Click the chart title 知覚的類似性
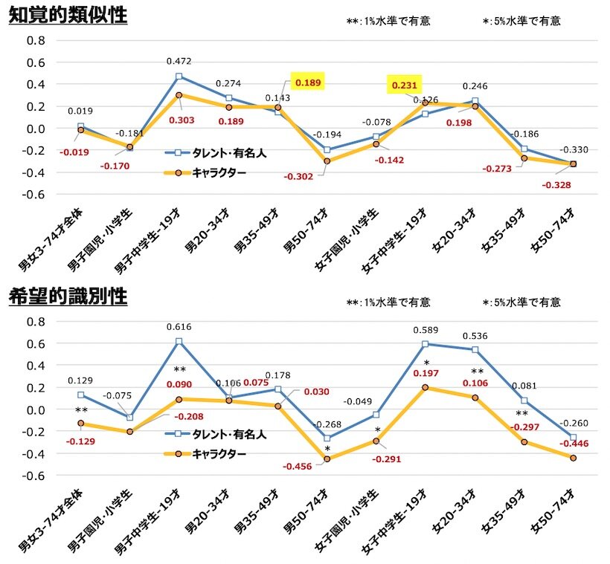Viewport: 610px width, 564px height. (68, 16)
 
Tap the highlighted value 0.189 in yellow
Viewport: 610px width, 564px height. (308, 82)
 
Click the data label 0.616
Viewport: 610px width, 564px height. (179, 327)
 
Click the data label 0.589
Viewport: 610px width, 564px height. (426, 330)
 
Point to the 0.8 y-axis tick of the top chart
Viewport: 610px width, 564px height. (36, 40)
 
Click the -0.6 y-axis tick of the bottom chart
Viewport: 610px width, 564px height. (34, 476)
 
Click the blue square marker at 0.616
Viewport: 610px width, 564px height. (179, 342)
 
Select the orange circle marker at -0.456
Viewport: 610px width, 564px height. (327, 459)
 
